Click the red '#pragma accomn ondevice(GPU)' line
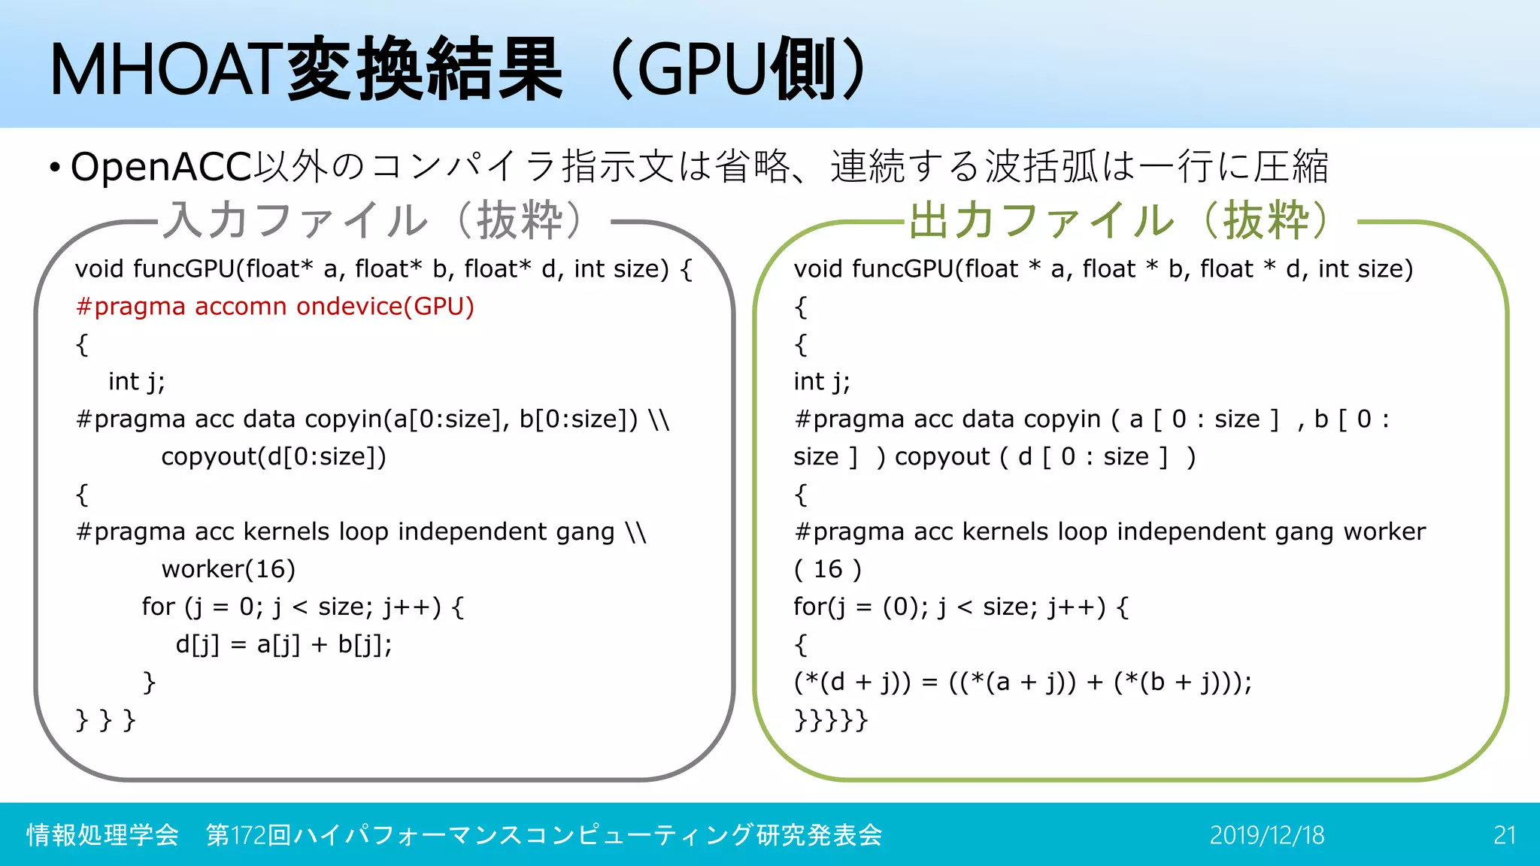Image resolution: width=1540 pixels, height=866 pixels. [274, 307]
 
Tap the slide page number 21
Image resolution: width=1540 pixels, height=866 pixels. [1504, 835]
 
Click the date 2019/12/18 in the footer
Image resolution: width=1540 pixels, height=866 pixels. [1266, 835]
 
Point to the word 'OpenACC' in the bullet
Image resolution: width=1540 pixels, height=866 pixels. [161, 167]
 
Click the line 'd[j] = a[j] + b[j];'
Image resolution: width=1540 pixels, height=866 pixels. [283, 645]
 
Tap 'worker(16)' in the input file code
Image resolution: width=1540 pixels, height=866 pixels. [228, 570]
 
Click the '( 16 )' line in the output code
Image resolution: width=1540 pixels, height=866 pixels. [827, 570]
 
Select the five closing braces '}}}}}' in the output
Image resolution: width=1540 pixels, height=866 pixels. [831, 720]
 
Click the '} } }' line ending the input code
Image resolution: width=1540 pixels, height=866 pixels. [105, 720]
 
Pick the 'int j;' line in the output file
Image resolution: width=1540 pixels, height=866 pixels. [821, 382]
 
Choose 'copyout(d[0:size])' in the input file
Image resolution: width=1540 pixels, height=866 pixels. [274, 457]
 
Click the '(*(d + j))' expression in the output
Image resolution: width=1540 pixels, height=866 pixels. [852, 683]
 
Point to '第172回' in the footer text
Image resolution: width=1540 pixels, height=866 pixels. [248, 835]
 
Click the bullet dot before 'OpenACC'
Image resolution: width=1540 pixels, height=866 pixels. [54, 168]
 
